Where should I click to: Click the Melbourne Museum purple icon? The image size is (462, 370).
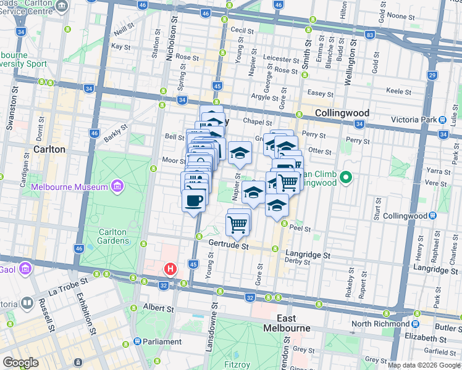click(x=117, y=187)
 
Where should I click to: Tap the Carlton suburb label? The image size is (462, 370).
click(x=49, y=149)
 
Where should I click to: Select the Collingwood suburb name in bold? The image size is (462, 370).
click(x=342, y=113)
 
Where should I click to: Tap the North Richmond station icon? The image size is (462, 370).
click(x=416, y=324)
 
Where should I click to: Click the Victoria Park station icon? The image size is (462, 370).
click(x=442, y=119)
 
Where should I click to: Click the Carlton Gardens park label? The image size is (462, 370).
click(x=112, y=236)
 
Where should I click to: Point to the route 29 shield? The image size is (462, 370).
click(x=432, y=75)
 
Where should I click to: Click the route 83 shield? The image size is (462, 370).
click(x=369, y=36)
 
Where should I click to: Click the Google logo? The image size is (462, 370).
click(x=21, y=363)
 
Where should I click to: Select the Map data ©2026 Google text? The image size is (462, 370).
click(x=424, y=365)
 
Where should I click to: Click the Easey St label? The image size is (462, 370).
click(x=321, y=94)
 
